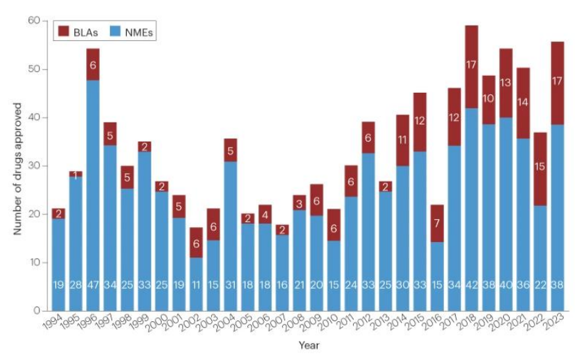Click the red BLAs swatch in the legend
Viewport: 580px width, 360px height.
point(64,30)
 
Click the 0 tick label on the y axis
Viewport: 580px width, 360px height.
point(36,311)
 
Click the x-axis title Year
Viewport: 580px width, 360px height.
point(308,345)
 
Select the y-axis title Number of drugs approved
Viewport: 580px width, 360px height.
point(18,168)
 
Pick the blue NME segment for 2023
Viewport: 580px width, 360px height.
point(558,217)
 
